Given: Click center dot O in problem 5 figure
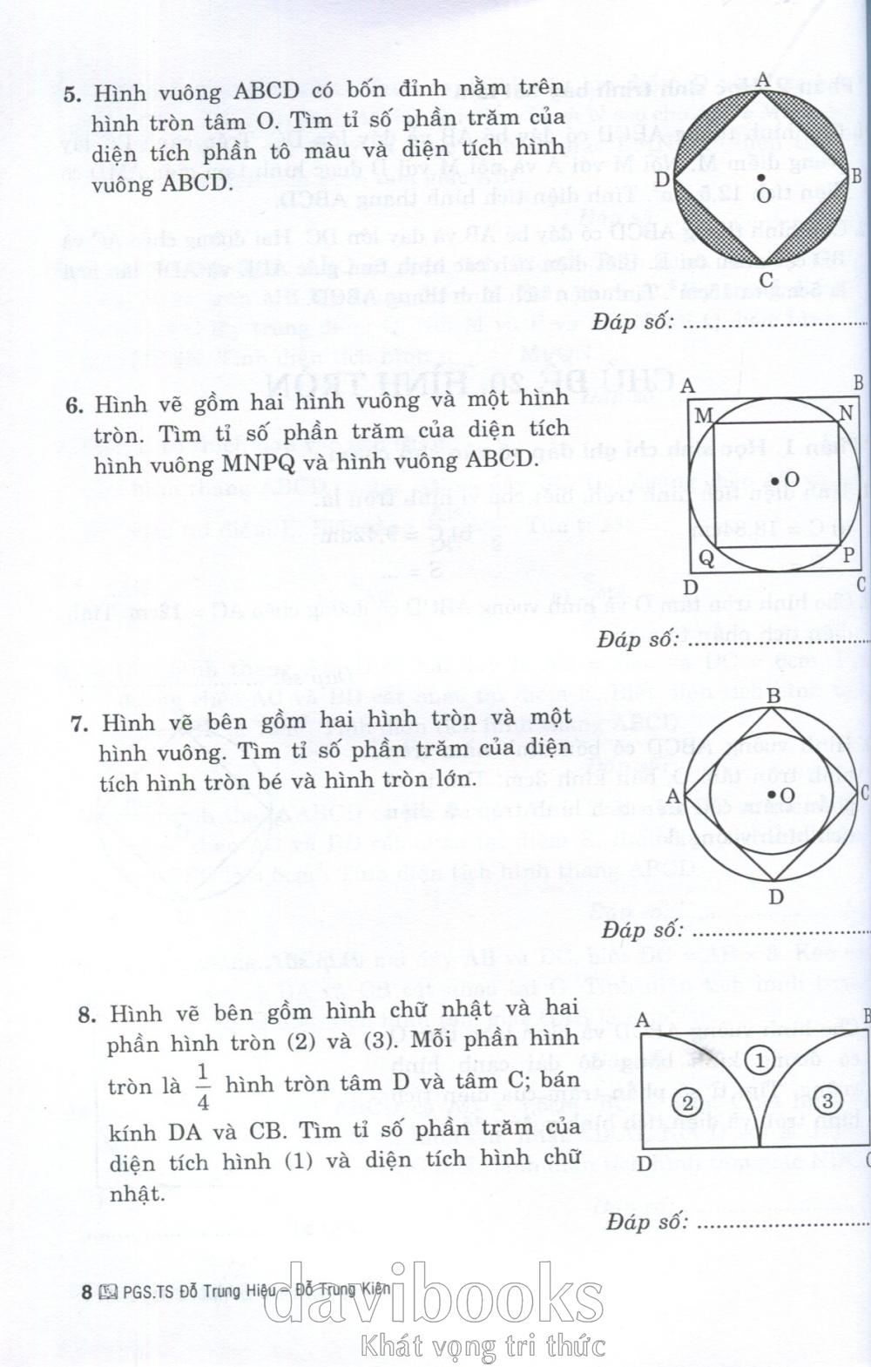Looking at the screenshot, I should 762,179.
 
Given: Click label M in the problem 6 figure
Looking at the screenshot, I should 704,415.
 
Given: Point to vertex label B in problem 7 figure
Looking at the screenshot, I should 772,694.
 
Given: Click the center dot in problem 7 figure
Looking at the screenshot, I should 774,795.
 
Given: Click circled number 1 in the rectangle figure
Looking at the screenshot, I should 760,1060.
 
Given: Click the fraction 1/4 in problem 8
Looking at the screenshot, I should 203,1086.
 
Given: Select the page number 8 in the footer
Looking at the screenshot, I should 86,1292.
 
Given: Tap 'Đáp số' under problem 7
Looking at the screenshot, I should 640,930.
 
